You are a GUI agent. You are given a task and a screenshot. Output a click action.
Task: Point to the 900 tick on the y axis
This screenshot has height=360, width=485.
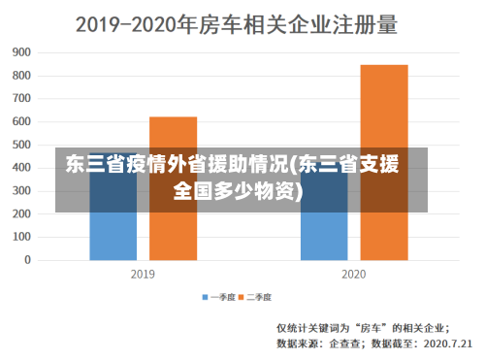coord(21,51)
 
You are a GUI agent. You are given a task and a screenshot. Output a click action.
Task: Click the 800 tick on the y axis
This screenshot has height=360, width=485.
coord(21,75)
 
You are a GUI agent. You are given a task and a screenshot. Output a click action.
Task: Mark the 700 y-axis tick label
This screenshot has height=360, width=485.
coord(21,98)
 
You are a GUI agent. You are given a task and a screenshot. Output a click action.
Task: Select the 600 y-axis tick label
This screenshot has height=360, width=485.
coord(21,121)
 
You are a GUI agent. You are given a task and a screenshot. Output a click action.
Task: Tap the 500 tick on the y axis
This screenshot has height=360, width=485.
coord(21,145)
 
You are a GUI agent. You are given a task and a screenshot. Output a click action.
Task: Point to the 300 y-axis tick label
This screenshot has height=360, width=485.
coord(21,191)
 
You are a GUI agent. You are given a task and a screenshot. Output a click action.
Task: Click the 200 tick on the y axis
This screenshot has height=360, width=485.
coord(21,214)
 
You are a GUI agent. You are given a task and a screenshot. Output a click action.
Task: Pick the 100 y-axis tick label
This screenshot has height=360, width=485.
coord(21,238)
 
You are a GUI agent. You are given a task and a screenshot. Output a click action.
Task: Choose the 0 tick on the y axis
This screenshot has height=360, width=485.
coord(27,261)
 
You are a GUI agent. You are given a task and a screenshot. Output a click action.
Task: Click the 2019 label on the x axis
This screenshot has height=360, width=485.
coord(143,275)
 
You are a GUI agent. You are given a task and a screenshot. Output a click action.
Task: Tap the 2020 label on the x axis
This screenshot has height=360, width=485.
coord(354,275)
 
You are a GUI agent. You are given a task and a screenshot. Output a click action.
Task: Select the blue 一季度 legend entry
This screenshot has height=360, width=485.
coord(219,296)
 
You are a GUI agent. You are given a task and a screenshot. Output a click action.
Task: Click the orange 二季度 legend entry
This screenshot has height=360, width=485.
coord(255,296)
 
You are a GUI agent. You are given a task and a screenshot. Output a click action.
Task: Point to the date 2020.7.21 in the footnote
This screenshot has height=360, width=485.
coord(447,343)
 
